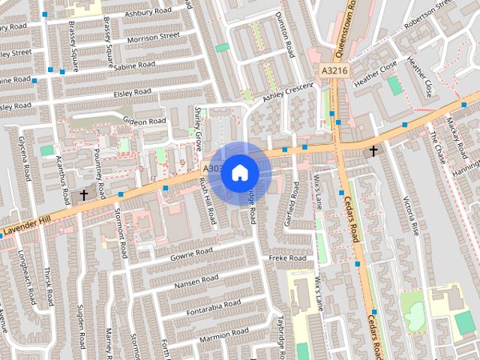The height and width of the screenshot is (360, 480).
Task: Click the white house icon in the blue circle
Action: coord(239,172)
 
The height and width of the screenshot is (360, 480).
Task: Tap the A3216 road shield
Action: coord(334,70)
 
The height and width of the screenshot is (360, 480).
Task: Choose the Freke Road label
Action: coord(287,258)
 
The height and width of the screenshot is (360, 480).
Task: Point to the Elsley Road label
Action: coord(132,92)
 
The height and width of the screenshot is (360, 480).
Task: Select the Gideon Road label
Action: coord(144,121)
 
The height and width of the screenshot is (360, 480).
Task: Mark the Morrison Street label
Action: coord(153,36)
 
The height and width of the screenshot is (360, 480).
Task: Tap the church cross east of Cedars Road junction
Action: coord(373,151)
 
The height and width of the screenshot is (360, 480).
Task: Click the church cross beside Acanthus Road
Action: coord(83,194)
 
